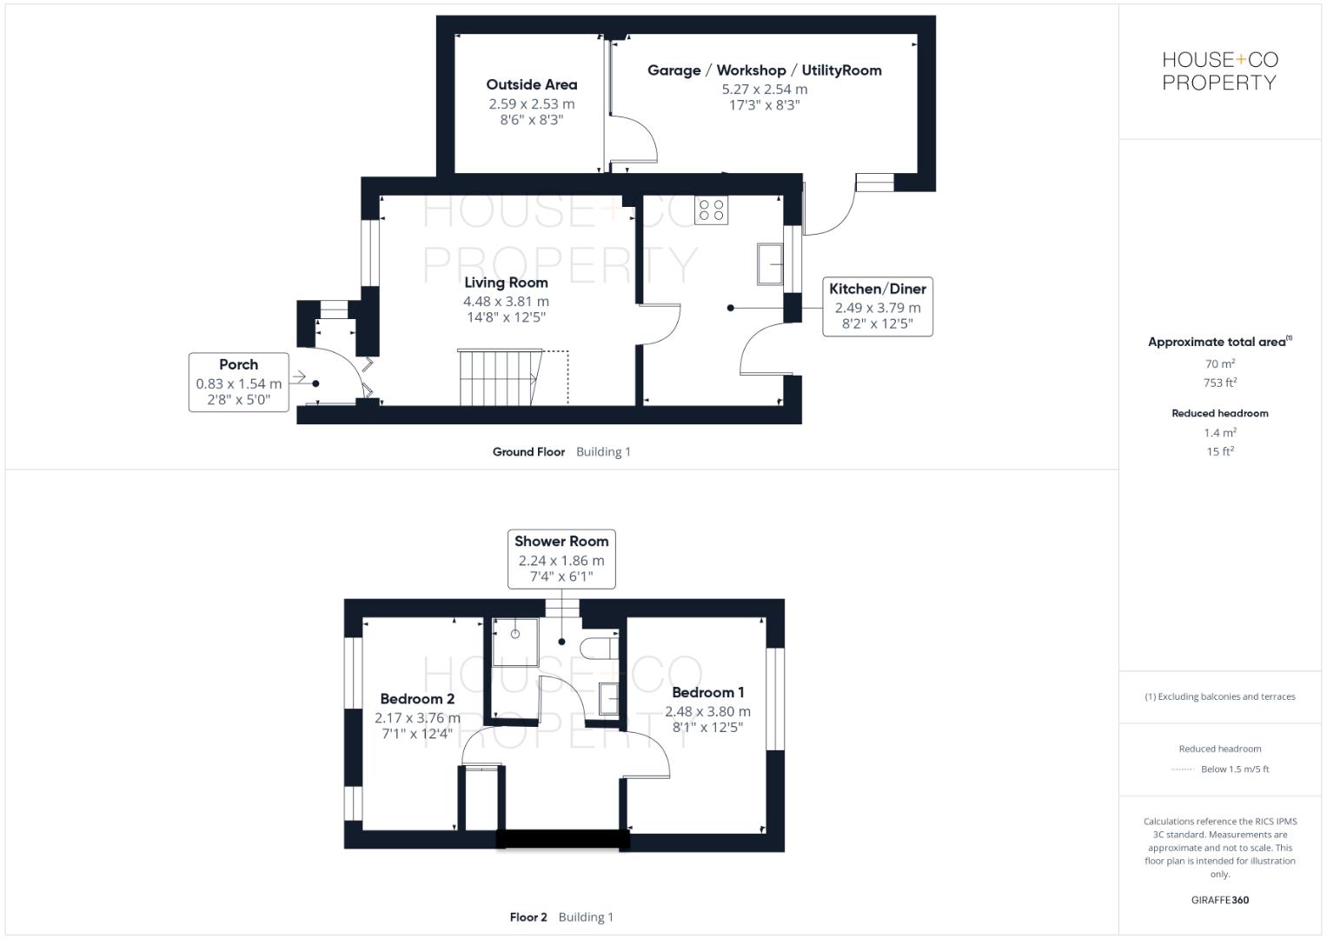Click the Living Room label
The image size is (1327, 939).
coord(506,283)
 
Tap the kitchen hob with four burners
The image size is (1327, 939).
coord(712,210)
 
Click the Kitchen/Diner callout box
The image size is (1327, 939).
coord(877,307)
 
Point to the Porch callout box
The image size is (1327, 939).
coord(239,382)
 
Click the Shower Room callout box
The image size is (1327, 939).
coord(561,559)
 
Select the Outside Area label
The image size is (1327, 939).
coord(531,85)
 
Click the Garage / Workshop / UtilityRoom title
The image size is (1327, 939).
coord(764,70)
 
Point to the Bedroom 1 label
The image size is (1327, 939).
coord(707,693)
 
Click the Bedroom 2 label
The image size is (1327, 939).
coord(417,699)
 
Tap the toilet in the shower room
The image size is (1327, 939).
coord(600,649)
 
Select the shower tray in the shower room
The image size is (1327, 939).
coord(515,642)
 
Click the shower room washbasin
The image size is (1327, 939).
coord(609,698)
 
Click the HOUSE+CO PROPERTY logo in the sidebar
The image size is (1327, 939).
coord(1219,71)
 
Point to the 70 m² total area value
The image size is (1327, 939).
coord(1219,364)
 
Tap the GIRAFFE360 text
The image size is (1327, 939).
coord(1219,900)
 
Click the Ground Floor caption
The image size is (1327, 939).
coord(528,452)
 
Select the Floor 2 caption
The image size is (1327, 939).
coord(528,917)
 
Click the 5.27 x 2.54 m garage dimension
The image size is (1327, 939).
coord(764,90)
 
